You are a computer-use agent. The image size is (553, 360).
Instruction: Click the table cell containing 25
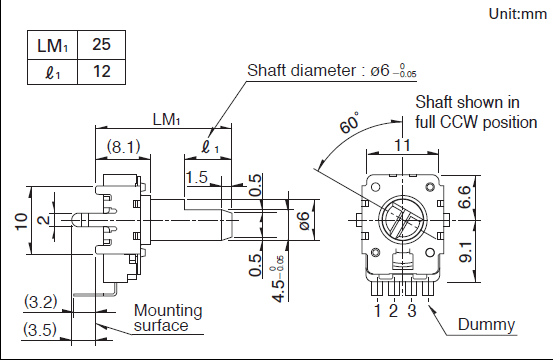click(101, 45)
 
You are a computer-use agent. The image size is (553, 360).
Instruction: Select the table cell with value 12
click(101, 72)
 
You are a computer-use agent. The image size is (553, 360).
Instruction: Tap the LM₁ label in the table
click(52, 46)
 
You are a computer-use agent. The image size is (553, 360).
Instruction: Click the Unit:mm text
click(517, 14)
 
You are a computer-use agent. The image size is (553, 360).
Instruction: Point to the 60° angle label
click(349, 122)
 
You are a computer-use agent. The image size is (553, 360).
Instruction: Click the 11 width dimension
click(402, 145)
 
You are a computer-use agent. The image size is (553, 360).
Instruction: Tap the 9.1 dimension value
click(465, 252)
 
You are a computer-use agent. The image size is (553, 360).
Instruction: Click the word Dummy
click(486, 324)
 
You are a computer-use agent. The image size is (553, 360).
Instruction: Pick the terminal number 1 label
click(378, 311)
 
